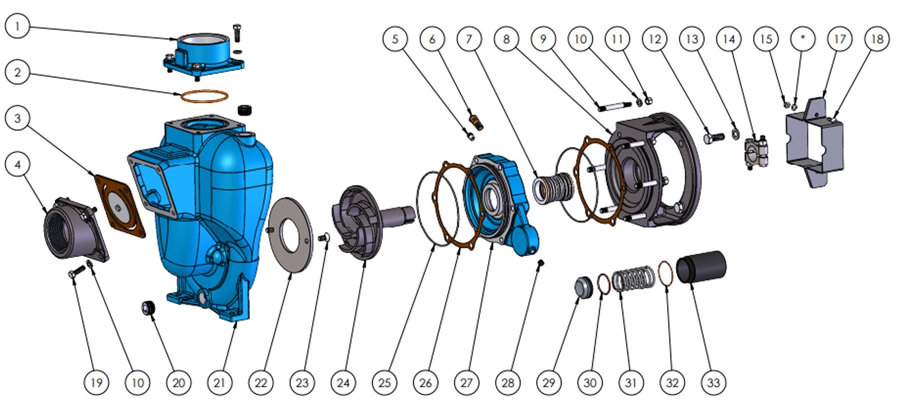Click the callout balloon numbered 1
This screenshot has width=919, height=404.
[x=18, y=26]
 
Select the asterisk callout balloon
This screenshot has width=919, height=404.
[x=803, y=39]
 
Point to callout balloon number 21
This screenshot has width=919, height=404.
[x=220, y=382]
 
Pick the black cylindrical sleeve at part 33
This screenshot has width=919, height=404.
[x=701, y=267]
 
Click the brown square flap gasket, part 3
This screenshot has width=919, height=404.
[x=120, y=206]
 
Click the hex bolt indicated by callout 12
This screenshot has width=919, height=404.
[x=714, y=138]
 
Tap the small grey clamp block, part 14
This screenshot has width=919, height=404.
[x=757, y=153]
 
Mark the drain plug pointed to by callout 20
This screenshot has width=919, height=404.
[x=148, y=309]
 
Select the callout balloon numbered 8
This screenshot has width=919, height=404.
[x=506, y=39]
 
